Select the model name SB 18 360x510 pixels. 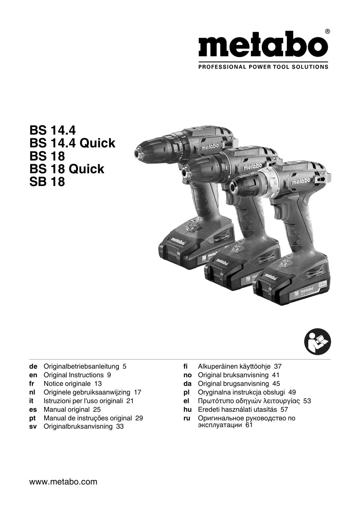click(x=47, y=182)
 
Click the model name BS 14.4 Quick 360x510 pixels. click(x=72, y=143)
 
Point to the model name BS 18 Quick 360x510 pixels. click(x=67, y=169)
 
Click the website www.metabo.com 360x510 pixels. click(x=63, y=482)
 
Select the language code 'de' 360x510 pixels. click(x=33, y=366)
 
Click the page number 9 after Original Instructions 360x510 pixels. click(x=109, y=375)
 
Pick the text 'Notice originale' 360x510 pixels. click(x=67, y=384)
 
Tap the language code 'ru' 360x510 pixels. click(x=187, y=418)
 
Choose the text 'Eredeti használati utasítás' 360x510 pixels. click(x=237, y=409)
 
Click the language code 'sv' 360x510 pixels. click(x=33, y=427)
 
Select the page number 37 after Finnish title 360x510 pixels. click(x=277, y=366)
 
